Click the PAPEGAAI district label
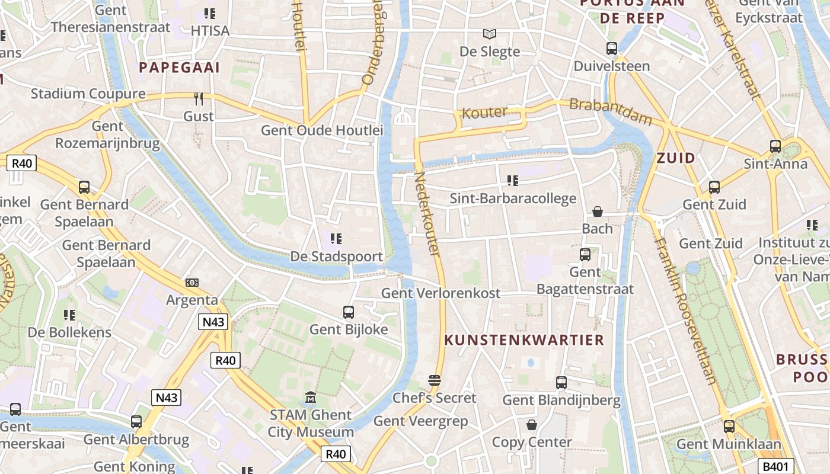point(179,68)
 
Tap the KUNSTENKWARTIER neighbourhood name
point(524,340)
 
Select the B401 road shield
point(777,466)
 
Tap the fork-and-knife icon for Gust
point(199,99)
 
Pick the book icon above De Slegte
point(489,34)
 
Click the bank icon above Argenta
point(191,283)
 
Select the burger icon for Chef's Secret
point(435,380)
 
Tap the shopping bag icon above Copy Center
point(532,425)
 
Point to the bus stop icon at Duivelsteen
point(612,49)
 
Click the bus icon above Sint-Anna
point(775,146)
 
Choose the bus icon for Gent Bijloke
point(349,312)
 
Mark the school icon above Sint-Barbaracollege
point(512,180)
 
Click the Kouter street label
point(484,112)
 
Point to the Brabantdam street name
point(610,111)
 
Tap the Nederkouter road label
point(427,214)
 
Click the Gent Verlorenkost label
point(440,293)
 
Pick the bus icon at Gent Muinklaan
point(729,426)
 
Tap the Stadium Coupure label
point(88,94)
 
